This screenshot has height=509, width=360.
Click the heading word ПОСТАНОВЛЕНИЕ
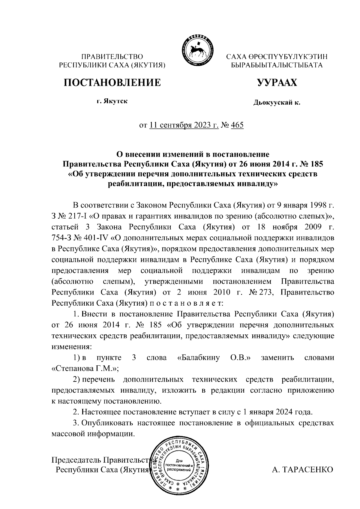(x=112, y=82)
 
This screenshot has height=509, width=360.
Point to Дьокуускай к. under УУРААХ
(x=277, y=103)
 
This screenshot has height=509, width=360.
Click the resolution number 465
(x=237, y=125)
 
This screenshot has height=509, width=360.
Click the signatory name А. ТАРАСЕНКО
(x=302, y=469)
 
